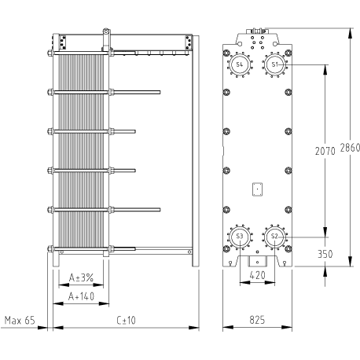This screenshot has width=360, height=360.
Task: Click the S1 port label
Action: [x=274, y=64]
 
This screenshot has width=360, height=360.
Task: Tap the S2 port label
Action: [x=274, y=236]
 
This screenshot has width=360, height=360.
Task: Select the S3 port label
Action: [x=240, y=236]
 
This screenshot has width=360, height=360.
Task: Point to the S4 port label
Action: [x=240, y=64]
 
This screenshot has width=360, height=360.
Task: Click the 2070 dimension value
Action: [x=325, y=151]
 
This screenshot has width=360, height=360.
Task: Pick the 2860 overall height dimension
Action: [x=350, y=148]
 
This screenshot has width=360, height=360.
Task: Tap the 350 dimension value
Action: [x=325, y=254]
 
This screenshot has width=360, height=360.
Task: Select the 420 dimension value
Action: [x=257, y=275]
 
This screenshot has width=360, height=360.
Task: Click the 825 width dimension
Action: [x=257, y=320]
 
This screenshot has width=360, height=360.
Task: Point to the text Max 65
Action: [x=20, y=320]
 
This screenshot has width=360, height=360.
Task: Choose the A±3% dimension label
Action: [x=81, y=277]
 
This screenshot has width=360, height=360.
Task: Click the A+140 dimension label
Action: [x=81, y=296]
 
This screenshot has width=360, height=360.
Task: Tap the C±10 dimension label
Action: [x=126, y=320]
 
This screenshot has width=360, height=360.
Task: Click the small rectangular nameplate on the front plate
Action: [x=257, y=189]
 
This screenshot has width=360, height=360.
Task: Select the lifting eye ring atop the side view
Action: [x=105, y=31]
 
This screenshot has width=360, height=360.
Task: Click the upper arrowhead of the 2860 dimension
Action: [x=350, y=33]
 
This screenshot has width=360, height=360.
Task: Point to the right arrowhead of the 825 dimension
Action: [x=287, y=327]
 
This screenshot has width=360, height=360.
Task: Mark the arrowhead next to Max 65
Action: [x=42, y=328]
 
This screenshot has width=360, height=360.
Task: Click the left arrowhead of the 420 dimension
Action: [x=245, y=282]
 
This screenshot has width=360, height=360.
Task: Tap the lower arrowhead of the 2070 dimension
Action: [x=325, y=232]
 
